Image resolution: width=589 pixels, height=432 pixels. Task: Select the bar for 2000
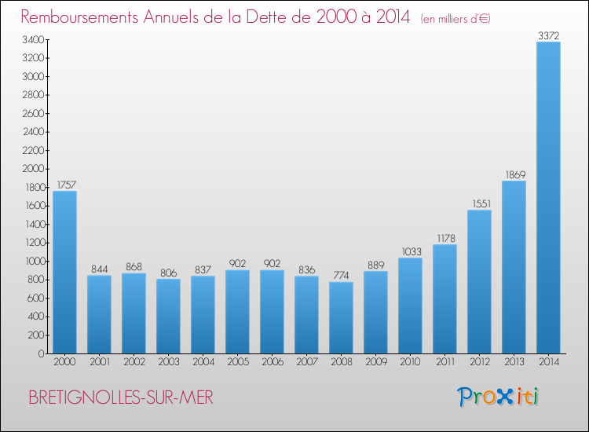pyautogui.click(x=64, y=272)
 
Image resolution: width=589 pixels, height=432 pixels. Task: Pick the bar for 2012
pyautogui.click(x=479, y=281)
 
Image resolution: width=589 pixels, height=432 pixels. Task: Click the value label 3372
pyautogui.click(x=548, y=35)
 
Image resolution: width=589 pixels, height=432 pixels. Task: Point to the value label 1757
pyautogui.click(x=64, y=185)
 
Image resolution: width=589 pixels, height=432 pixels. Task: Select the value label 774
pyautogui.click(x=341, y=276)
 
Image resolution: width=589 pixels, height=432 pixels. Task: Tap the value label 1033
pyautogui.click(x=410, y=251)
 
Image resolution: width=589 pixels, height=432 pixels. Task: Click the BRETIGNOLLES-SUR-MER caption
pyautogui.click(x=120, y=397)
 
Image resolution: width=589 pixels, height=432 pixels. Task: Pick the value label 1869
pyautogui.click(x=514, y=174)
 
